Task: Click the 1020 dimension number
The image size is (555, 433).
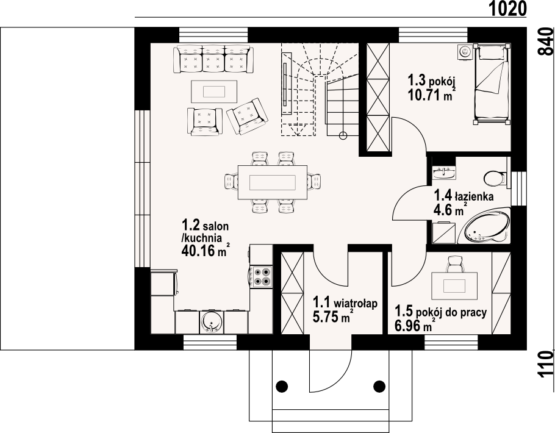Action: pos(508,9)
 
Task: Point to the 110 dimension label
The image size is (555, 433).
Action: pos(546,364)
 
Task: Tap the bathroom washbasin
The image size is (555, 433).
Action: pos(444,173)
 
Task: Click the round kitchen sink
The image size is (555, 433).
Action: pos(212,322)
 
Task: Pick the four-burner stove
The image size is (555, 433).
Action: pos(261,276)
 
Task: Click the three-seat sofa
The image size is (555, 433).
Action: pos(214,59)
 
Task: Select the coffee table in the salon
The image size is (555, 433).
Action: pos(214,91)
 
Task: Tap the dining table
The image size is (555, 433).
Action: pos(273,183)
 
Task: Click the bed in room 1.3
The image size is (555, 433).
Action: pos(492,84)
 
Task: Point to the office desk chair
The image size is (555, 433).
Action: pos(454,264)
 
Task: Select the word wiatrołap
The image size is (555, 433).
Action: pos(356,304)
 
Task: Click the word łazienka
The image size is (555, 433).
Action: pos(474,196)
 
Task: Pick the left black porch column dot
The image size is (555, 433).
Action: pos(282,385)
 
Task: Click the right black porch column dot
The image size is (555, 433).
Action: pos(379,385)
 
